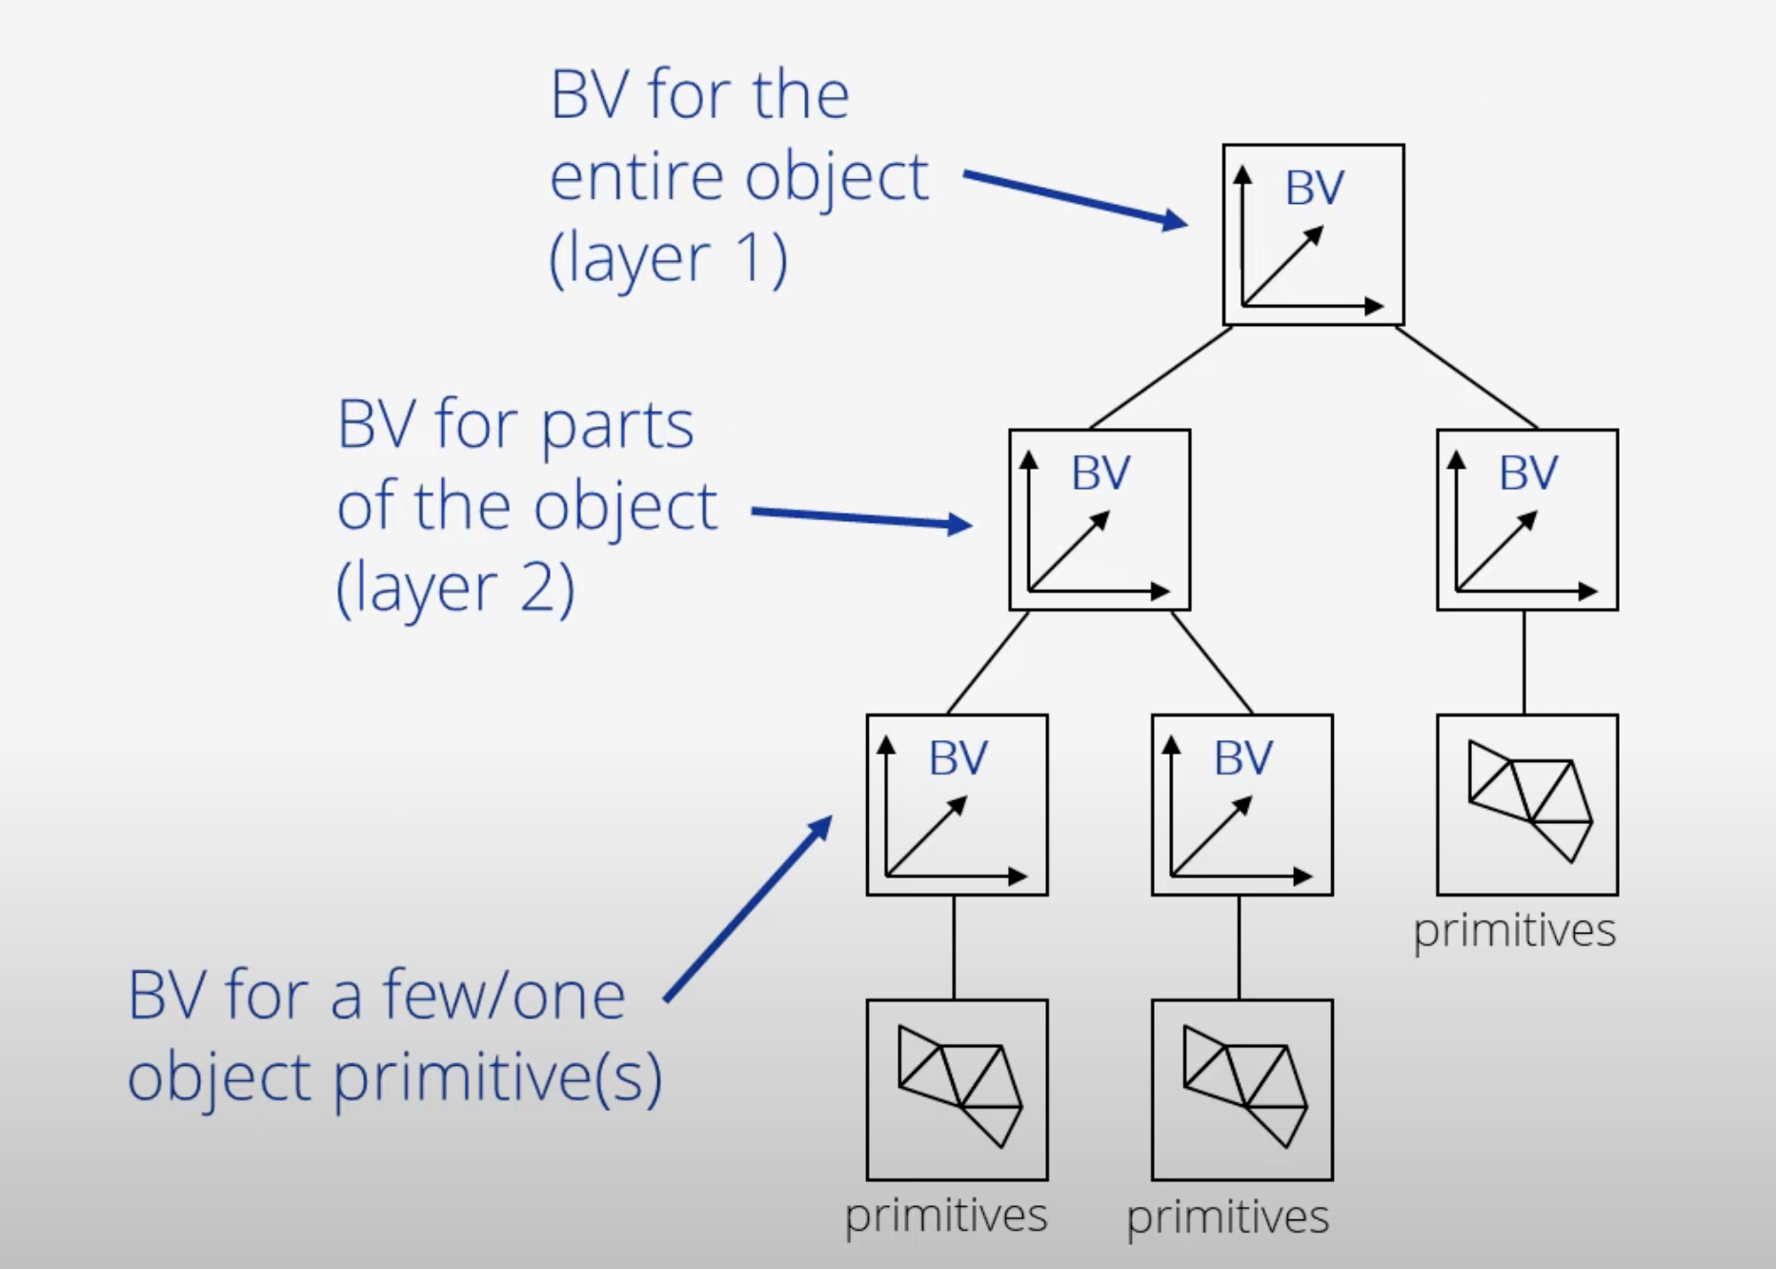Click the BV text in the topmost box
[x=1314, y=188]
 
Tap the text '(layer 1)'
[x=669, y=258]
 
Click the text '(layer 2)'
[x=455, y=588]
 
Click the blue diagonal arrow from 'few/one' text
[x=748, y=909]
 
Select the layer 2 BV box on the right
[x=1527, y=519]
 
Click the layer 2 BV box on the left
[x=1100, y=519]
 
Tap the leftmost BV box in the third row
[x=957, y=804]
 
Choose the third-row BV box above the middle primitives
[x=1241, y=804]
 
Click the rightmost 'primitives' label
[x=1515, y=931]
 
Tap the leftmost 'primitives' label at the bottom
[x=946, y=1217]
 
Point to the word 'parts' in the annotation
[x=616, y=425]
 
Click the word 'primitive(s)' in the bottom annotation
[x=496, y=1078]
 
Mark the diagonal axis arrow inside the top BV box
[x=1282, y=267]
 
